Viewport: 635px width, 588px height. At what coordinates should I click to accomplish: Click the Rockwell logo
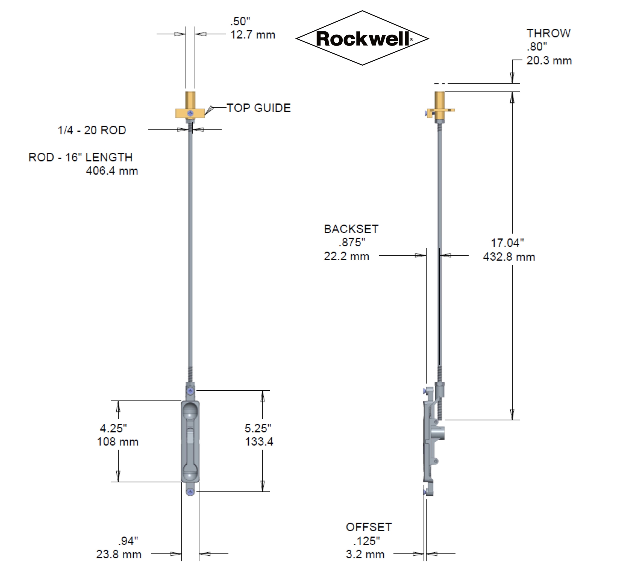[x=362, y=38]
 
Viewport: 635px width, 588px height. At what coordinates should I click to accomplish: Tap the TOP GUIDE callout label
[x=259, y=108]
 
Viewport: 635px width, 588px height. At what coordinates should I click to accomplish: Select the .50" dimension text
[x=240, y=22]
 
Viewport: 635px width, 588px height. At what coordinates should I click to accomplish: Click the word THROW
[x=548, y=33]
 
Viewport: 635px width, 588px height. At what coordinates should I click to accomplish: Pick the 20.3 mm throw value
[x=549, y=60]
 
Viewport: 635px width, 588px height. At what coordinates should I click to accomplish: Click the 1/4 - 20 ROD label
[x=92, y=130]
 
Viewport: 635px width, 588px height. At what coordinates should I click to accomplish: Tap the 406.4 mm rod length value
[x=112, y=171]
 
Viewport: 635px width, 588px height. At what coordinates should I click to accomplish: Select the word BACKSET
[x=351, y=229]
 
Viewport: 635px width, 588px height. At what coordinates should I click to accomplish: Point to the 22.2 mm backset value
[x=346, y=256]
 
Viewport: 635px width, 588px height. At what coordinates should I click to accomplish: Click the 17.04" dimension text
[x=507, y=243]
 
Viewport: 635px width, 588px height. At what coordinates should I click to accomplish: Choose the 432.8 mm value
[x=509, y=257]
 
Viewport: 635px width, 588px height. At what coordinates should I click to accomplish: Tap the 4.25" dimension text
[x=113, y=428]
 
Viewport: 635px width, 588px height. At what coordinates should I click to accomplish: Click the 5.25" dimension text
[x=258, y=428]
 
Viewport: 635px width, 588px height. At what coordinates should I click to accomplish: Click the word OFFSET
[x=369, y=527]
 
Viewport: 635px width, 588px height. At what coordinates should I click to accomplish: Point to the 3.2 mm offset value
[x=365, y=554]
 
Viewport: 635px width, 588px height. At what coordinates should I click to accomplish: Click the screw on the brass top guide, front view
[x=190, y=113]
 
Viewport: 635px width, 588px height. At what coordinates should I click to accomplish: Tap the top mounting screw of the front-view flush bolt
[x=190, y=391]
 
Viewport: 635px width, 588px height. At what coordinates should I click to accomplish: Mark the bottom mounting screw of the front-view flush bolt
[x=190, y=492]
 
